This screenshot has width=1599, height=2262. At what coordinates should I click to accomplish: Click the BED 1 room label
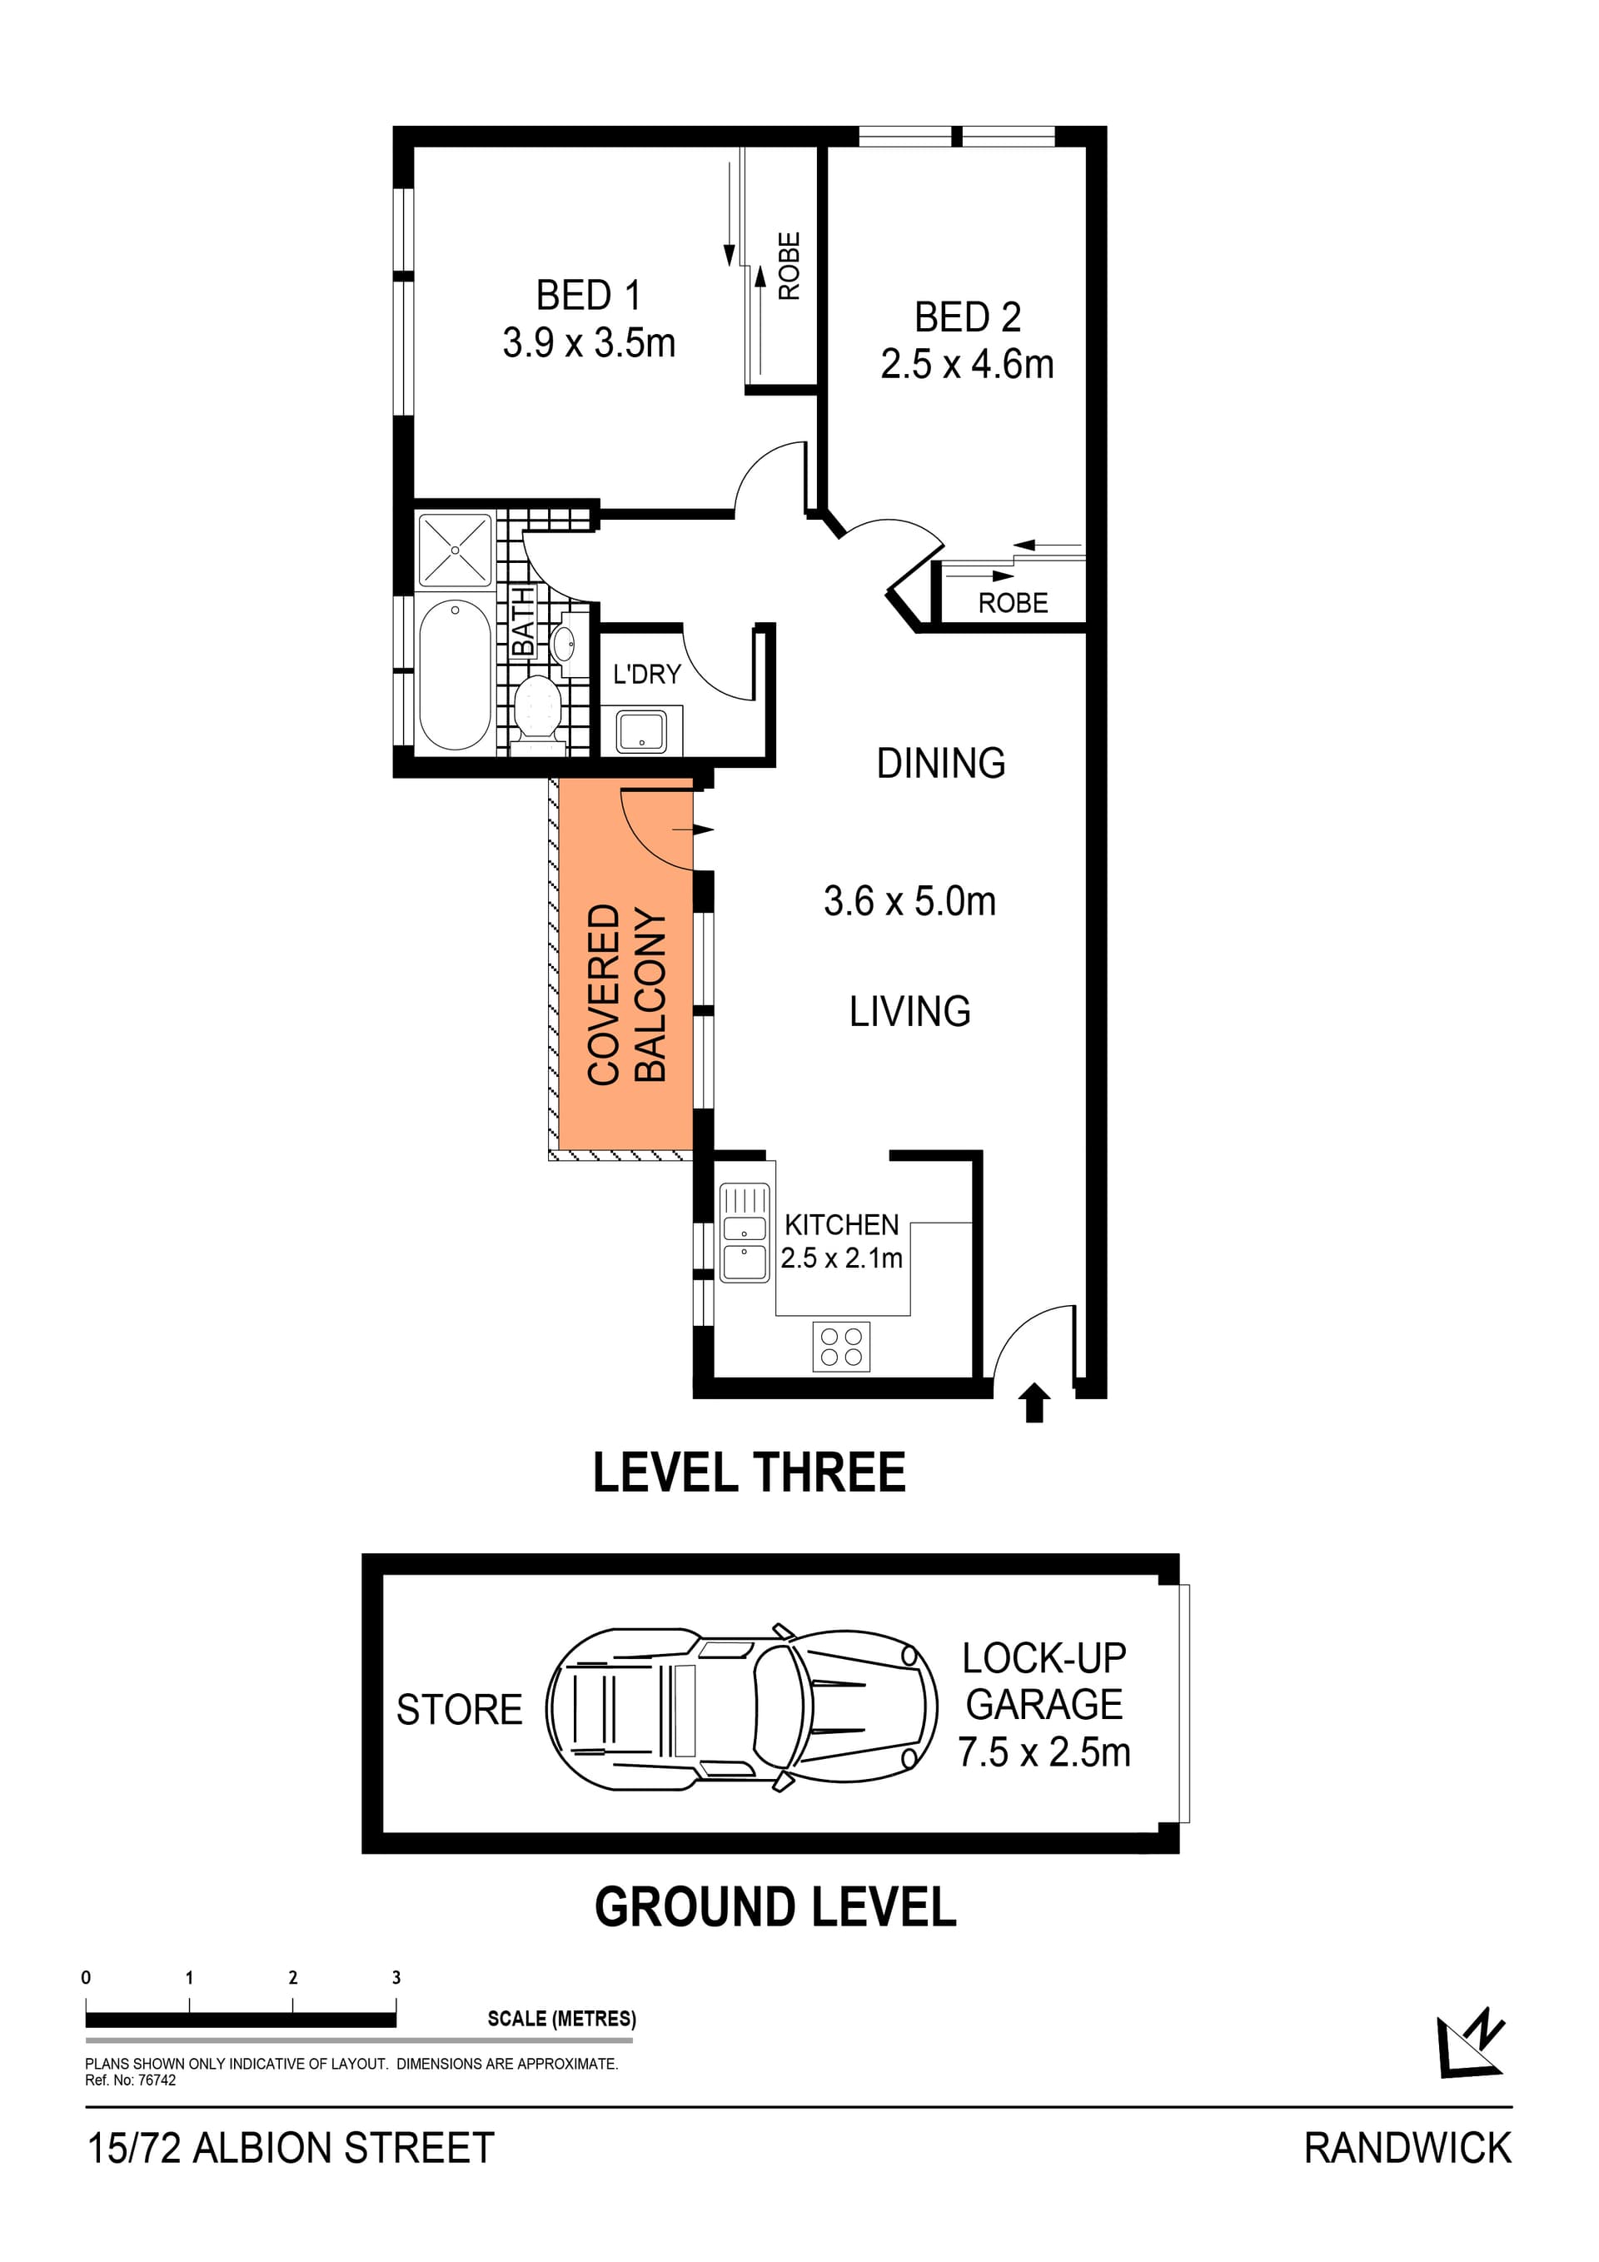588,295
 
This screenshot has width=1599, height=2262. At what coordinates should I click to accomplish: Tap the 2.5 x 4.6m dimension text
967,365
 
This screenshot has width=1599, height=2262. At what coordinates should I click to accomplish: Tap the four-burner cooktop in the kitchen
841,1347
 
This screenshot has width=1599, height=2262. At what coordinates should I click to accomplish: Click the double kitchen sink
745,1233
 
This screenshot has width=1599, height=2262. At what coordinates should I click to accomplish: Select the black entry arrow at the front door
1034,1403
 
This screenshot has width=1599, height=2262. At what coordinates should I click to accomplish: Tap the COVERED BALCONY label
626,994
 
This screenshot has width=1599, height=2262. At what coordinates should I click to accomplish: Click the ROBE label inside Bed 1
790,266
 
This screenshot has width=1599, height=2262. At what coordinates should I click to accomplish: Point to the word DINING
941,764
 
